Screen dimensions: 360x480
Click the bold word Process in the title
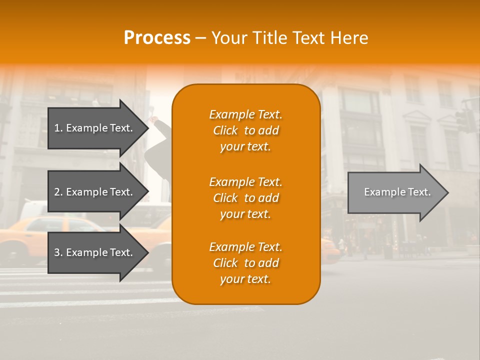tap(157, 38)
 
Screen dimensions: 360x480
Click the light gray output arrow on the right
tap(395, 192)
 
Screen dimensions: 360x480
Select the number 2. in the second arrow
tap(58, 192)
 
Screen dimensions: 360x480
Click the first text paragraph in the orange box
tap(245, 130)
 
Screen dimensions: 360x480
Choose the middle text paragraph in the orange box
tap(245, 198)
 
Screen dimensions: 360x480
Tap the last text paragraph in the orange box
tap(245, 263)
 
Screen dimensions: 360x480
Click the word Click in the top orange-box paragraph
tap(225, 130)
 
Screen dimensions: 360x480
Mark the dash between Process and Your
tap(201, 38)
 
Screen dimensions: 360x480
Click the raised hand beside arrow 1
tap(153, 120)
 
